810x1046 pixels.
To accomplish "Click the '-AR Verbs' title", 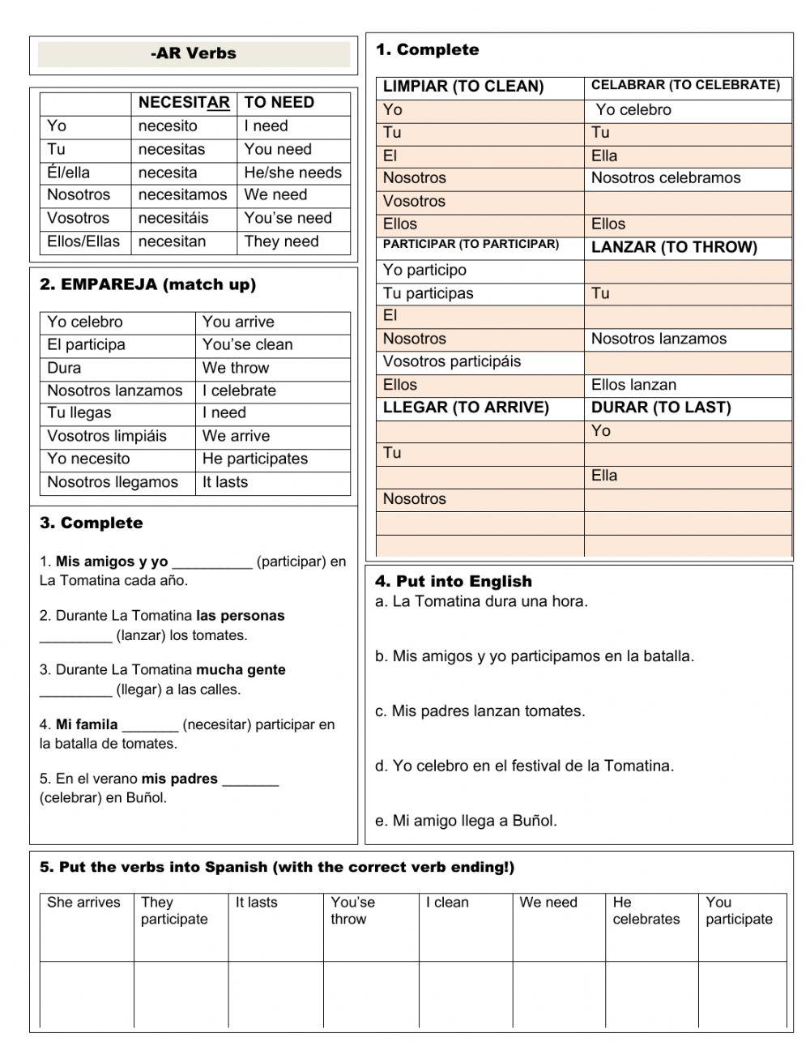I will (x=194, y=54).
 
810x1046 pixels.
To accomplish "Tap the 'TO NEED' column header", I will (x=279, y=103).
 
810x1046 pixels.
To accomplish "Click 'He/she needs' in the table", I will (x=292, y=173).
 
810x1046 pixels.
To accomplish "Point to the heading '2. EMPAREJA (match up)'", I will (x=147, y=284).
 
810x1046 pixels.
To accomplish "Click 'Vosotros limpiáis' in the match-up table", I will (x=106, y=436).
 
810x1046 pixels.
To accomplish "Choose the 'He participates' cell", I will (x=254, y=459).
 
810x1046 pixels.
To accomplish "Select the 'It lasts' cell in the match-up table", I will (x=225, y=482).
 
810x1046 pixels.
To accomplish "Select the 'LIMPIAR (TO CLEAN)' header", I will (x=463, y=87).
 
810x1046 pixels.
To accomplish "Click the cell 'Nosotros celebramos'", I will (x=665, y=178).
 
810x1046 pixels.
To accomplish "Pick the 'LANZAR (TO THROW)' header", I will (x=673, y=247).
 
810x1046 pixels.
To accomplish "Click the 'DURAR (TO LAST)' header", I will (x=660, y=408).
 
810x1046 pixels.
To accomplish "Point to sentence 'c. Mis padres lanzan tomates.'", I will (x=480, y=711).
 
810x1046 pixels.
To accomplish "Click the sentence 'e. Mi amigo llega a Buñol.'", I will (x=466, y=821).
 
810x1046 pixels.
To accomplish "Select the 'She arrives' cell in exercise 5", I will (x=83, y=903).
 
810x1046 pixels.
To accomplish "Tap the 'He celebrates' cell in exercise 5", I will (x=646, y=911).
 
